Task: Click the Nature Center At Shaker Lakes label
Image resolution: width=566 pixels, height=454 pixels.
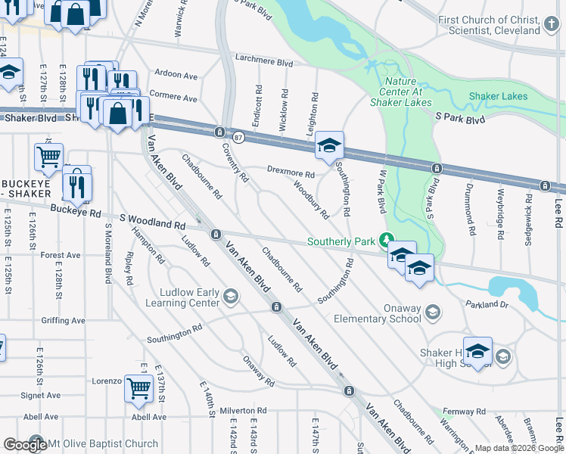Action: coord(407,92)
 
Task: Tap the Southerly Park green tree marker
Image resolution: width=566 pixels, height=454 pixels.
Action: coord(387,241)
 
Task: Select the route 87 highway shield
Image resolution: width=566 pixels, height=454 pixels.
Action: coord(239,137)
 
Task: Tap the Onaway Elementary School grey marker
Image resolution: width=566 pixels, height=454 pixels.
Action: coord(432,312)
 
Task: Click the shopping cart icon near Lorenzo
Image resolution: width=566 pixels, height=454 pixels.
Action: coord(138,388)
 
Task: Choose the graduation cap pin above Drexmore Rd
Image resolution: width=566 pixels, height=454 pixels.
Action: coord(329,145)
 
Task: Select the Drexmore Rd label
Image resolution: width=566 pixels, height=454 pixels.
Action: coord(290,170)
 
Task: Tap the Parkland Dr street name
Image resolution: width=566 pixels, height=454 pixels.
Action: coord(488,304)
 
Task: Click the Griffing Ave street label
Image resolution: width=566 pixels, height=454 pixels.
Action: coord(64,320)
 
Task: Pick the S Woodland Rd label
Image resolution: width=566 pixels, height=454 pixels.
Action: coord(151,222)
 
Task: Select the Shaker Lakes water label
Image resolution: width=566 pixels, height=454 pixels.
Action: coord(498,96)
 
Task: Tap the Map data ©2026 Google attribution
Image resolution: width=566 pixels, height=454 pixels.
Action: coord(519,448)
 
